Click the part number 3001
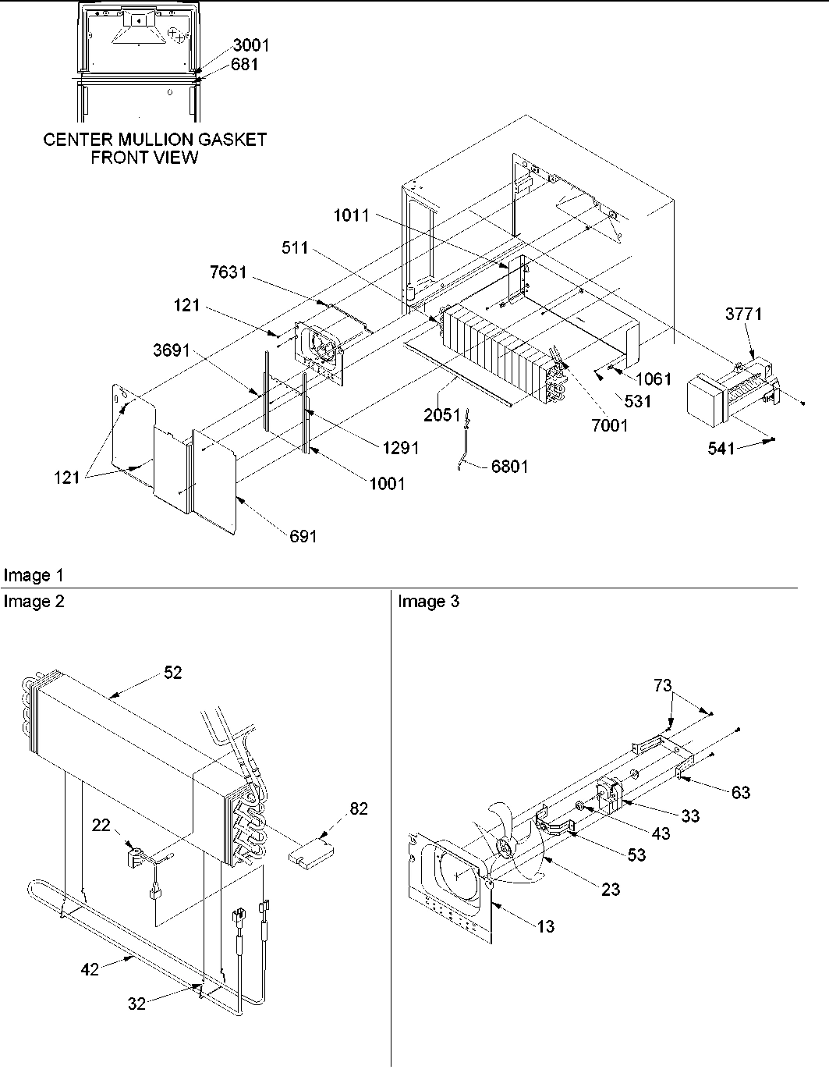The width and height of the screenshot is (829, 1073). (250, 45)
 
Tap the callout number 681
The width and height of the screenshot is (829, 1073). (244, 65)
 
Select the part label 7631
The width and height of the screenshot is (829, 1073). (228, 272)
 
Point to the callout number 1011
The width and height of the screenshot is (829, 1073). (352, 215)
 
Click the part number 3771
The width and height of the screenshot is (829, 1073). (744, 314)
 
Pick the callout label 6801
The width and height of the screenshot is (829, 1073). (509, 467)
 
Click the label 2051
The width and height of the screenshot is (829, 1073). (442, 415)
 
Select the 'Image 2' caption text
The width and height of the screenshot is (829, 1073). (34, 601)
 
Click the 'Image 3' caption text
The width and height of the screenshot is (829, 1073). (428, 601)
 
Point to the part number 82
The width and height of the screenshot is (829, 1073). (359, 808)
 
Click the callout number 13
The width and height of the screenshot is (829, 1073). (546, 926)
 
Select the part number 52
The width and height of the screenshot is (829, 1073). (172, 672)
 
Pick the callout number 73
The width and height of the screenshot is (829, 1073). (662, 685)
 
